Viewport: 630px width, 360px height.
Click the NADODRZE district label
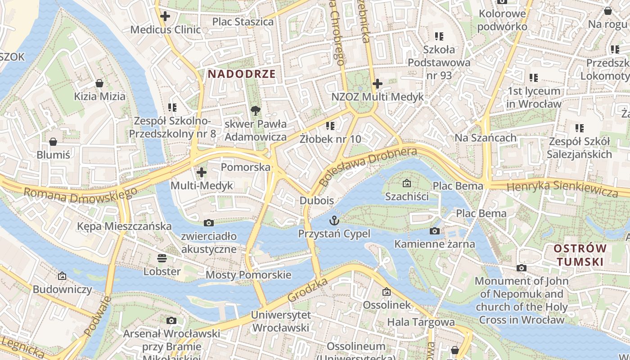(x=241, y=74)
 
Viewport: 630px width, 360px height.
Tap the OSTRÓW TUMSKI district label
(x=580, y=255)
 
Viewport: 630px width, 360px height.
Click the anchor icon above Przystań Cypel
(x=334, y=220)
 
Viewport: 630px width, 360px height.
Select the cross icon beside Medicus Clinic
(x=165, y=17)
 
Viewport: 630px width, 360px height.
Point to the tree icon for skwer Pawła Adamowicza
(x=255, y=110)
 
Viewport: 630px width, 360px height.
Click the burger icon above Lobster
(x=162, y=258)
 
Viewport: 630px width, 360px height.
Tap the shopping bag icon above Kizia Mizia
(x=99, y=83)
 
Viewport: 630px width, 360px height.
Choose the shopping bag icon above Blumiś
(x=53, y=142)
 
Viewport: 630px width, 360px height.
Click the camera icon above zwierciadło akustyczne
(x=208, y=223)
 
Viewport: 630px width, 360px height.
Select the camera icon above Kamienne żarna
(x=434, y=231)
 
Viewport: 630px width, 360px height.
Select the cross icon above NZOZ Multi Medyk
(x=377, y=83)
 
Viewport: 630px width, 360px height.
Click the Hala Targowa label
(x=421, y=322)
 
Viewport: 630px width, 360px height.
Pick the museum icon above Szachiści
(x=407, y=183)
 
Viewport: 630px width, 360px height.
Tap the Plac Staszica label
(x=243, y=22)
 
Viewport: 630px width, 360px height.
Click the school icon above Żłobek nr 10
(x=330, y=126)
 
